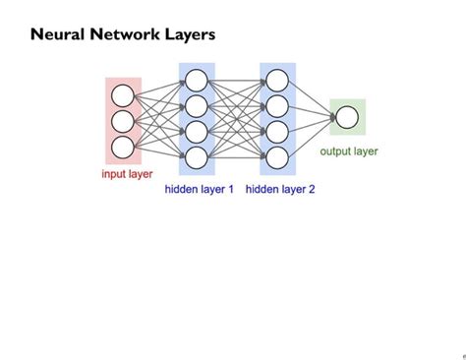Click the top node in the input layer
pyautogui.click(x=123, y=95)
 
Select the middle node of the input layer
pyautogui.click(x=123, y=121)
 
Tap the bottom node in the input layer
pyautogui.click(x=123, y=147)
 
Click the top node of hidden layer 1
pyautogui.click(x=197, y=81)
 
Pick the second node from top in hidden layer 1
pyautogui.click(x=197, y=106)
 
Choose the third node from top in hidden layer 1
pyautogui.click(x=197, y=132)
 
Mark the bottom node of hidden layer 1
pyautogui.click(x=197, y=157)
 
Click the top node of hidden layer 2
pyautogui.click(x=277, y=81)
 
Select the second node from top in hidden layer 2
pyautogui.click(x=277, y=106)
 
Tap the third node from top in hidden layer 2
pyautogui.click(x=277, y=132)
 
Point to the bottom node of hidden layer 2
pyautogui.click(x=277, y=157)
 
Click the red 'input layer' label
pyautogui.click(x=127, y=174)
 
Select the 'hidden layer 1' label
pyautogui.click(x=200, y=189)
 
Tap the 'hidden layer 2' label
pyautogui.click(x=280, y=189)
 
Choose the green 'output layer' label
pyautogui.click(x=349, y=151)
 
